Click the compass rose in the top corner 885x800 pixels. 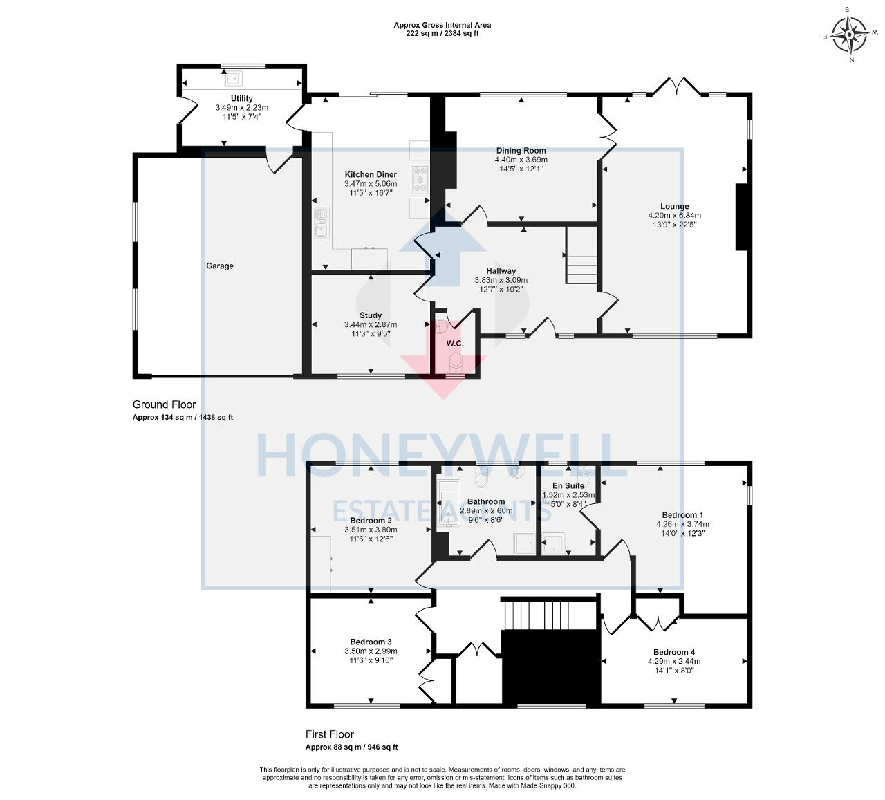(850, 34)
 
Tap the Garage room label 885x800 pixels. (219, 266)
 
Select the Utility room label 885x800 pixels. (241, 98)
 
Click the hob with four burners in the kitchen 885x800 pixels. (420, 178)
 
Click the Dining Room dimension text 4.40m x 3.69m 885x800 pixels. (521, 160)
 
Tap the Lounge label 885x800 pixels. (674, 206)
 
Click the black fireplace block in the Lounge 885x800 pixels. (740, 216)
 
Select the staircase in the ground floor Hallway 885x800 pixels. (581, 256)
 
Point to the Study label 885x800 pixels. (371, 315)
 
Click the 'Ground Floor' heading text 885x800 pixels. (164, 404)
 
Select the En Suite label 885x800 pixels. (568, 486)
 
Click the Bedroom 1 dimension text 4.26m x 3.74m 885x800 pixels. (682, 524)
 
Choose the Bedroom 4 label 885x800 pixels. (674, 652)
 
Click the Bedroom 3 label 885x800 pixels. (371, 642)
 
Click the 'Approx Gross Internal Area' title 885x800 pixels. (442, 25)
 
